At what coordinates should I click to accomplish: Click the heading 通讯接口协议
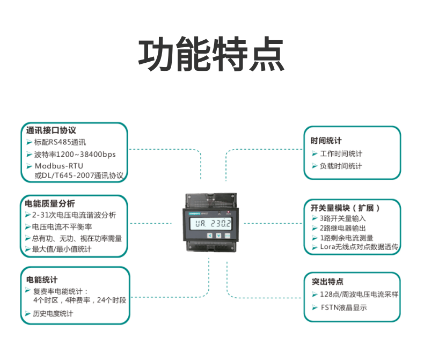click(x=52, y=130)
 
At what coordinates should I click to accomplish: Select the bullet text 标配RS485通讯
click(x=60, y=142)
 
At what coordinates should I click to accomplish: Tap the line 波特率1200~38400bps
click(x=75, y=155)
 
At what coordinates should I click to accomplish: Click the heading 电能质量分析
click(x=50, y=204)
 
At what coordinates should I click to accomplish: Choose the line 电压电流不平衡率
click(x=62, y=227)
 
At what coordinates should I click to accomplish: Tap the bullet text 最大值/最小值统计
click(x=62, y=249)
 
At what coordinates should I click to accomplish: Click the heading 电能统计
click(x=42, y=280)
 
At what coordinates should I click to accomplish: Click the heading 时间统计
click(x=326, y=141)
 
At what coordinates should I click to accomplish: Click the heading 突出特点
click(x=327, y=281)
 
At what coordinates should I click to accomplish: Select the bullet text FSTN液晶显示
click(x=343, y=308)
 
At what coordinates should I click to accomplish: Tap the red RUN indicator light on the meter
click(x=229, y=212)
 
